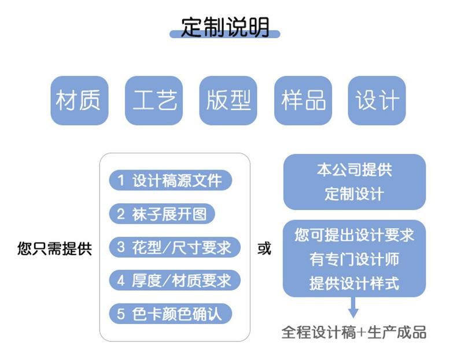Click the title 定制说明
[225, 27]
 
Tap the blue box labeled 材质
[79, 101]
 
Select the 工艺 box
[154, 101]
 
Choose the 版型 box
[228, 101]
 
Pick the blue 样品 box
[303, 101]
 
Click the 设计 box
[377, 101]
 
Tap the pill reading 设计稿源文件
[170, 181]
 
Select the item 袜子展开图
[161, 214]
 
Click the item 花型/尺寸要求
[174, 248]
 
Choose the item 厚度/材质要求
[174, 281]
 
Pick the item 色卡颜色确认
[170, 314]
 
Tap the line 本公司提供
[354, 170]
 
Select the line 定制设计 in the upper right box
[354, 193]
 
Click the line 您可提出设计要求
[354, 235]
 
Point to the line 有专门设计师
[354, 259]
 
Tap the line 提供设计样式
[354, 283]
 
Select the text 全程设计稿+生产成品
[354, 332]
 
